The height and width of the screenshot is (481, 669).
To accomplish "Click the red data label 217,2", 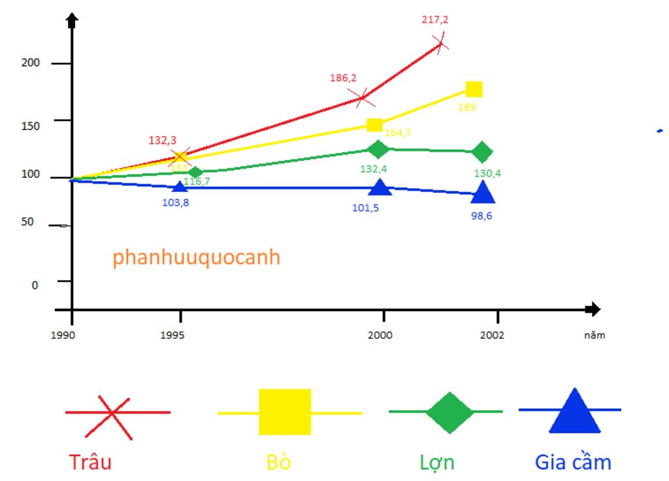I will click(435, 20).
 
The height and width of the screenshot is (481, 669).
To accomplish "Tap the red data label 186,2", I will click(343, 78).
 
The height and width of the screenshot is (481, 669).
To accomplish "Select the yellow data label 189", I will click(466, 107).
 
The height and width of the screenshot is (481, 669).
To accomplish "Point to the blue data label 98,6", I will click(481, 216).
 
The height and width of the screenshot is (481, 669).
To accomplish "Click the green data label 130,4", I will click(487, 174).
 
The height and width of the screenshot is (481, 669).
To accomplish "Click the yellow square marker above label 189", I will click(474, 90).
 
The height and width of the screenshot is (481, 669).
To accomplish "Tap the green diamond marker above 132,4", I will click(377, 149).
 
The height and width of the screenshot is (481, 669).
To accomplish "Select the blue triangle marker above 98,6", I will click(483, 192).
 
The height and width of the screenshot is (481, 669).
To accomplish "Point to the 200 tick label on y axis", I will click(31, 63).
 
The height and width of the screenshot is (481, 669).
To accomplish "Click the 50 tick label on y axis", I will click(27, 222).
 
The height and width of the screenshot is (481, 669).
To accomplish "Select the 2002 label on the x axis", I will click(491, 335).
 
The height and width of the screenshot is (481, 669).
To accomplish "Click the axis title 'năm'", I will click(595, 335).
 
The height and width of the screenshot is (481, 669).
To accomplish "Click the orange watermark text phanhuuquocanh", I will click(196, 257).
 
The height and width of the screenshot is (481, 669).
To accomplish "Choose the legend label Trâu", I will click(90, 462).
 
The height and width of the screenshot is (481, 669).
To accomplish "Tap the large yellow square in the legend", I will click(285, 412).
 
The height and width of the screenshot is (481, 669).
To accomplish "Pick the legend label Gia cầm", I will click(573, 462).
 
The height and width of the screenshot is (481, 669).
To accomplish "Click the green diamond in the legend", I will click(449, 412).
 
